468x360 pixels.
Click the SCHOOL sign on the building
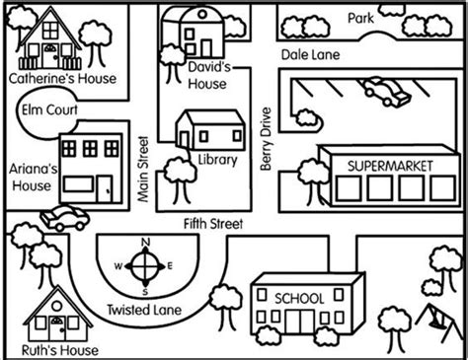[299, 297]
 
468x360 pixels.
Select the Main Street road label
[144, 170]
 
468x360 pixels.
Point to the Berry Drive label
[266, 141]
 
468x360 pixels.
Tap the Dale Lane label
[308, 55]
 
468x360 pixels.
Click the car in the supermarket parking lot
[385, 94]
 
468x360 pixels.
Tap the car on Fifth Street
[64, 218]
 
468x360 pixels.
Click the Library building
[209, 131]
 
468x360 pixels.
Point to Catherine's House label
[61, 76]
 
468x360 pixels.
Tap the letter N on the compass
[146, 243]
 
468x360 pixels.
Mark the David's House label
[208, 76]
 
